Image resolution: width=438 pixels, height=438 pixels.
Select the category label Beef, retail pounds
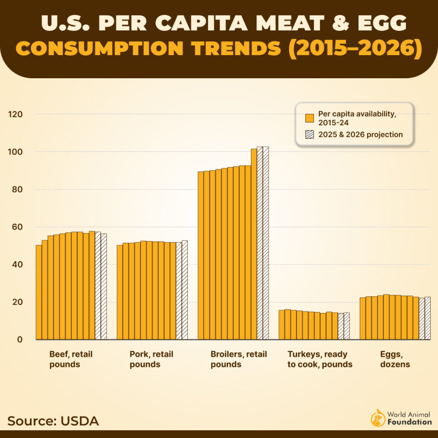pos(71,359)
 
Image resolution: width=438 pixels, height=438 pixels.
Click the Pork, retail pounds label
pos(151,359)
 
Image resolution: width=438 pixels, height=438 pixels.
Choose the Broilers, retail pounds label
pos(238,359)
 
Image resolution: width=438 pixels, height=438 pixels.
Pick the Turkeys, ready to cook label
pos(320,359)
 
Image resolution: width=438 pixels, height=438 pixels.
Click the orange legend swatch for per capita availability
pos(310,118)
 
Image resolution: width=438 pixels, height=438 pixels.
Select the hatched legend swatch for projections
pos(310,134)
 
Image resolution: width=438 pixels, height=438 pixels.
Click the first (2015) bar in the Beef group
pos(38,293)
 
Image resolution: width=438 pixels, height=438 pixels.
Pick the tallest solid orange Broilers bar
pos(254,244)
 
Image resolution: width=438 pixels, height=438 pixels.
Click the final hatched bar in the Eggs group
pos(428,318)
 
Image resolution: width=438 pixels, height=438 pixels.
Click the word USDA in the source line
pos(80,420)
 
